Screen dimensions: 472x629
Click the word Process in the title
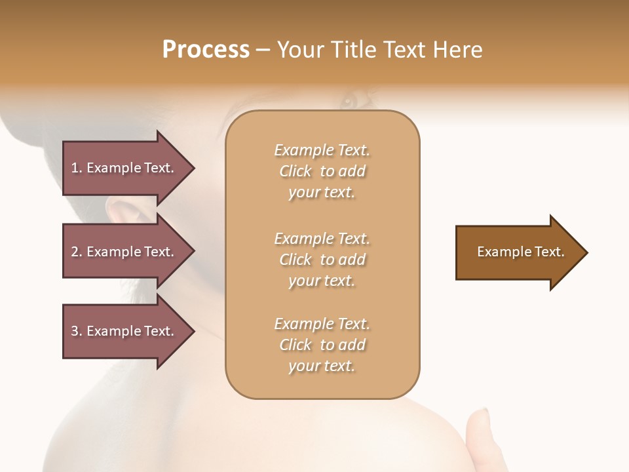[x=206, y=50]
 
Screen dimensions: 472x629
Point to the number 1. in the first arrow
[x=77, y=168]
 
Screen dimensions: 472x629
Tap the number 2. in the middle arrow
[x=77, y=252]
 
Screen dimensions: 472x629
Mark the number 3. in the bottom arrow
[x=77, y=331]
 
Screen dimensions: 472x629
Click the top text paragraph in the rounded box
[x=322, y=171]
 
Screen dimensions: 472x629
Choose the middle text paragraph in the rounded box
[x=322, y=260]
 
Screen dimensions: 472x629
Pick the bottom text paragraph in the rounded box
[x=322, y=345]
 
